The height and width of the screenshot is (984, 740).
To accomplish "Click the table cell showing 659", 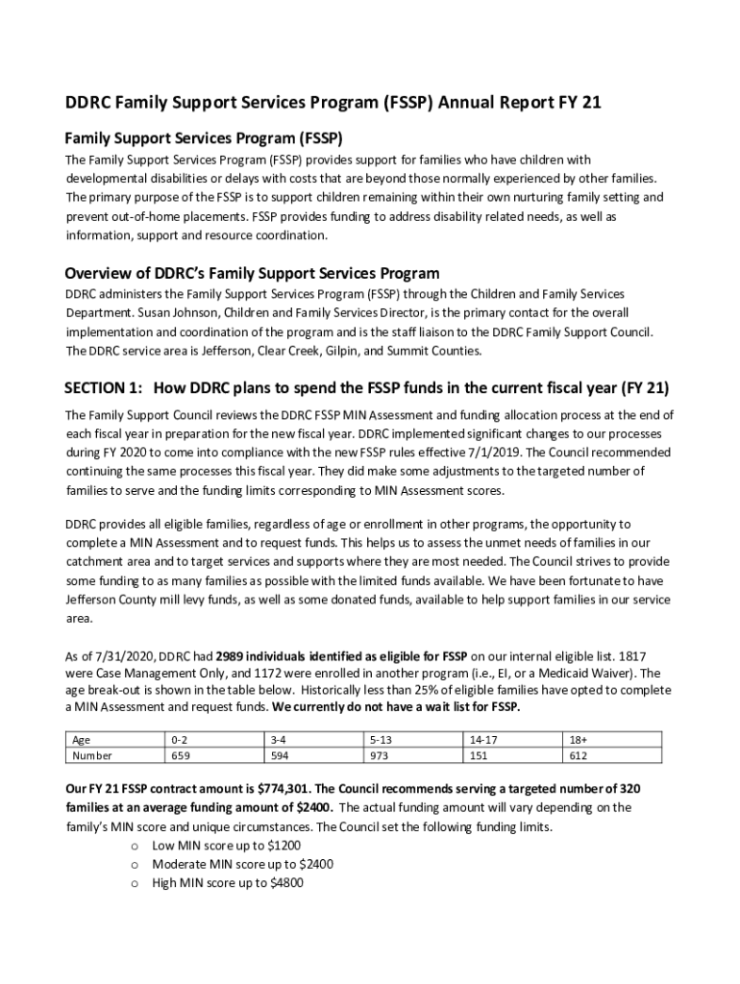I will (180, 756).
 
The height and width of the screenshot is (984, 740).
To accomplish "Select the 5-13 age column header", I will (380, 740).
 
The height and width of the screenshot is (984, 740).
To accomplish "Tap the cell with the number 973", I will (378, 756).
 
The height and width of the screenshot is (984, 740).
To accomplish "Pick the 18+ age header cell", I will (579, 740).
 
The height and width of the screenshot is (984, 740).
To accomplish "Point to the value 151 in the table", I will (479, 756).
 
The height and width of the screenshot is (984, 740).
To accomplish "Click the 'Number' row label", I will (93, 756).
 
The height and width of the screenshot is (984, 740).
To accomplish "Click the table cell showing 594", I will (280, 756).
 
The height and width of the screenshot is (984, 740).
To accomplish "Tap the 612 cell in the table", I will (578, 756).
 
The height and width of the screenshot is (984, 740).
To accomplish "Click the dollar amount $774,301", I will (288, 789).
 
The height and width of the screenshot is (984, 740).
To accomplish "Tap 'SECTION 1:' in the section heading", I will (104, 388).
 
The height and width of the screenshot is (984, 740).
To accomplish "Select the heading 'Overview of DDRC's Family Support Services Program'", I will (252, 273).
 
